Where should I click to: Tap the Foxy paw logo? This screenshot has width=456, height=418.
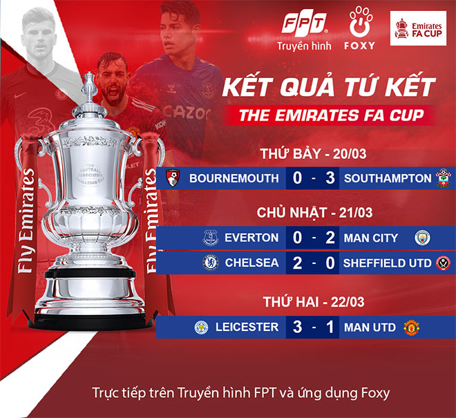coord(358,25)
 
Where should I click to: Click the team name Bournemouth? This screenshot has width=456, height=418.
coord(234,178)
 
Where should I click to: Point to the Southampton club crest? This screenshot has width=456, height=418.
coord(441,178)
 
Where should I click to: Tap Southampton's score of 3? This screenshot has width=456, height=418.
coord(331,178)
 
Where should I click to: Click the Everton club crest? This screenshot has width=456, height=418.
coord(211,238)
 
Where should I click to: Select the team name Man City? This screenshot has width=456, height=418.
coord(371,238)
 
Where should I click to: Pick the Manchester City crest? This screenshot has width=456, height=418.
coord(421,238)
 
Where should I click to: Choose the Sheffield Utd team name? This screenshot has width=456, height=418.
coord(386,263)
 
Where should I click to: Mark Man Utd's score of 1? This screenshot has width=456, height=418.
coord(331,327)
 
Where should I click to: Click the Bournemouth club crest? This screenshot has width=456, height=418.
coord(173,178)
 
